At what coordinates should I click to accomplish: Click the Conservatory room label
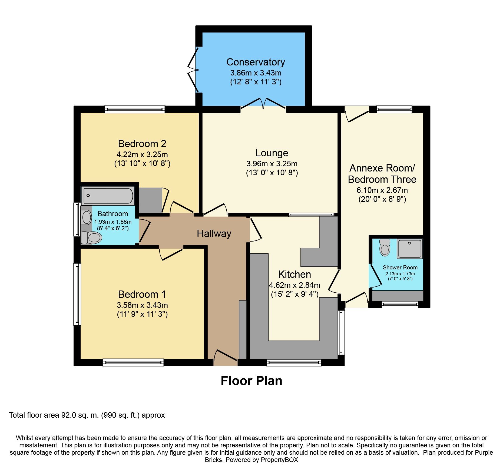click(256, 62)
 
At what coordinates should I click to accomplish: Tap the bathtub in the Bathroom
click(108, 196)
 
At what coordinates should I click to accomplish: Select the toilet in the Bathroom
click(92, 238)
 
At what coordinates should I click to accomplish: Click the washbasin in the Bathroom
click(87, 217)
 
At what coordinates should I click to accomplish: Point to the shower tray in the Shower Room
click(410, 249)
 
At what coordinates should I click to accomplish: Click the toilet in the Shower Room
click(385, 247)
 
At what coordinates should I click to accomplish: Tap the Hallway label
click(214, 234)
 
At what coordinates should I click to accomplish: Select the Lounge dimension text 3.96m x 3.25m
click(272, 164)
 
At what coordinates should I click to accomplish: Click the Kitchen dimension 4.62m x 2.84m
click(294, 285)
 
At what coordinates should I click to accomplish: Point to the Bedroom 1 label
click(142, 294)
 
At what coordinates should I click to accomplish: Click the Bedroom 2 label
click(142, 144)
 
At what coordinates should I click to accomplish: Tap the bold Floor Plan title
click(251, 381)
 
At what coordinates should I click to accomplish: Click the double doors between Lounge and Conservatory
click(263, 104)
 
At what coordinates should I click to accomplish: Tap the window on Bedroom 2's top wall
click(135, 109)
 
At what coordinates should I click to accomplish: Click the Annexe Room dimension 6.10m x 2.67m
click(382, 190)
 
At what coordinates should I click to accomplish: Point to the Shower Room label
click(400, 268)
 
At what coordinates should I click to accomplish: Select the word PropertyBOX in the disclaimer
click(279, 460)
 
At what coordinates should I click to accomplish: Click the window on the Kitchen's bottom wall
click(294, 362)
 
